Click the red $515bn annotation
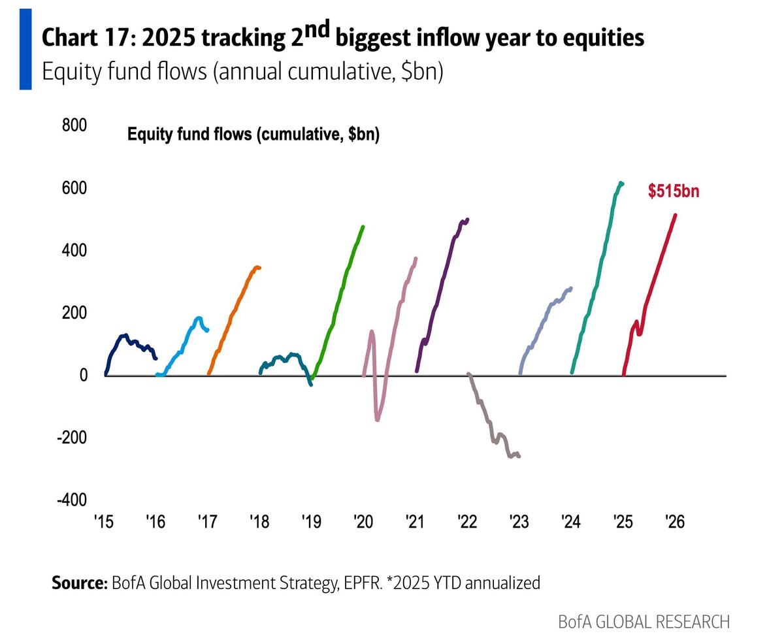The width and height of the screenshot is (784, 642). (673, 191)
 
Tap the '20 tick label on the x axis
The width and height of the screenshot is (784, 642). (363, 522)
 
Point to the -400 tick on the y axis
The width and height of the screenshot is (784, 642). (72, 500)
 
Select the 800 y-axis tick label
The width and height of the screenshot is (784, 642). (74, 125)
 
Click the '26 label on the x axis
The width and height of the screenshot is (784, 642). (674, 522)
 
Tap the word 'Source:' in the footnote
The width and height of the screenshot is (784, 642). (79, 583)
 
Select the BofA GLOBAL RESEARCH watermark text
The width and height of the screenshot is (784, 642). (644, 621)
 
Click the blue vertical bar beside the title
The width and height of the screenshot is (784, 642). (25, 50)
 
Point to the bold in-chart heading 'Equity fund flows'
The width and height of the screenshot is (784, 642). (189, 135)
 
